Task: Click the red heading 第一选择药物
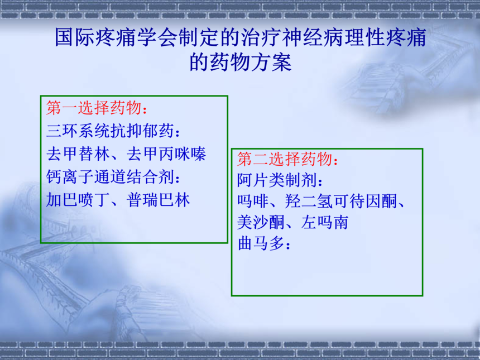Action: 94,108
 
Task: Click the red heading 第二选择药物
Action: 285,159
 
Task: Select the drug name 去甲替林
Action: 78,153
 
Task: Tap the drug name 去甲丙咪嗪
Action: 166,153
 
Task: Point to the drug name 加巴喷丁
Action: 78,200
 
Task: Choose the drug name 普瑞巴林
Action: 159,200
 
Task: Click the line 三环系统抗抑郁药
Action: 110,131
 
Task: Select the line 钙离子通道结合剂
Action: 110,177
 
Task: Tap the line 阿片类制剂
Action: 277,180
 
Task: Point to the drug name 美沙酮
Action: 261,222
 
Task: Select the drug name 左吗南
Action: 325,222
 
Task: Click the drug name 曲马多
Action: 261,243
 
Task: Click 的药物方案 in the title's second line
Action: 241,62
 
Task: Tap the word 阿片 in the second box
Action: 253,180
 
